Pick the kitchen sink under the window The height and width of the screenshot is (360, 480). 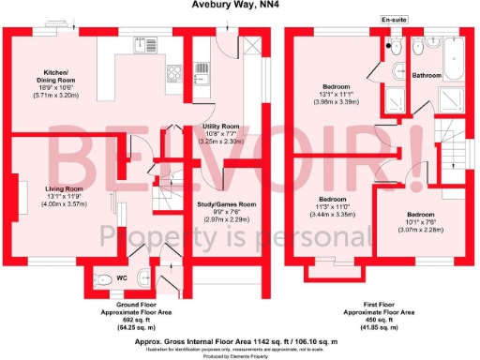point(150,42)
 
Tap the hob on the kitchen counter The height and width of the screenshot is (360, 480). point(173,73)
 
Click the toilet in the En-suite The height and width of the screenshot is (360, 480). point(396,47)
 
